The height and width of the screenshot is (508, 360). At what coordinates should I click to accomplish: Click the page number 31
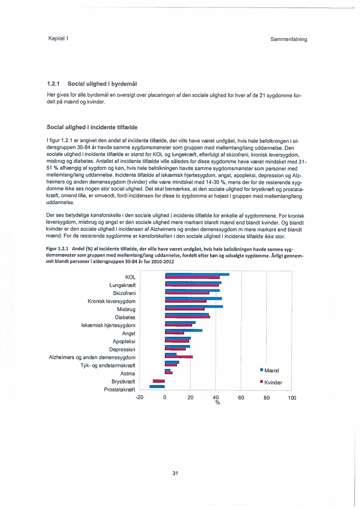point(175,473)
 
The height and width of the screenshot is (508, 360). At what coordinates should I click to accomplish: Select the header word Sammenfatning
point(288,39)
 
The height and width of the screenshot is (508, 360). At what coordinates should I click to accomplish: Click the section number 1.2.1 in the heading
point(53,83)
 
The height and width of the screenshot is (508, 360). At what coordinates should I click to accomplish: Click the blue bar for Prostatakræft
point(157,386)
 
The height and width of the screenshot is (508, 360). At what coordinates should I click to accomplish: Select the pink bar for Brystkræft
point(159,381)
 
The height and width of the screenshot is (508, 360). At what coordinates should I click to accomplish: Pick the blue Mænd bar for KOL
point(197,274)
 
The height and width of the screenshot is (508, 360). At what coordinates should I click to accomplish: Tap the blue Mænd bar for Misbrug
point(194,306)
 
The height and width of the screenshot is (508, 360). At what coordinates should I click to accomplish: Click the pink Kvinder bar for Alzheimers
point(179,357)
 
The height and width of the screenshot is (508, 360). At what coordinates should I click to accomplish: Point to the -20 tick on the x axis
point(140,398)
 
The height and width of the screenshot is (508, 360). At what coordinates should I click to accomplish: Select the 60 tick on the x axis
point(241,398)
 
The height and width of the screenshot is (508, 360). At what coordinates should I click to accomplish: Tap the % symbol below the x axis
point(217,403)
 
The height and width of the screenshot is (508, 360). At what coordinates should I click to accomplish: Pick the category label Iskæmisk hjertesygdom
point(108,325)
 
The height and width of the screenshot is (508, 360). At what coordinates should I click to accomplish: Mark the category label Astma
point(127,373)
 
